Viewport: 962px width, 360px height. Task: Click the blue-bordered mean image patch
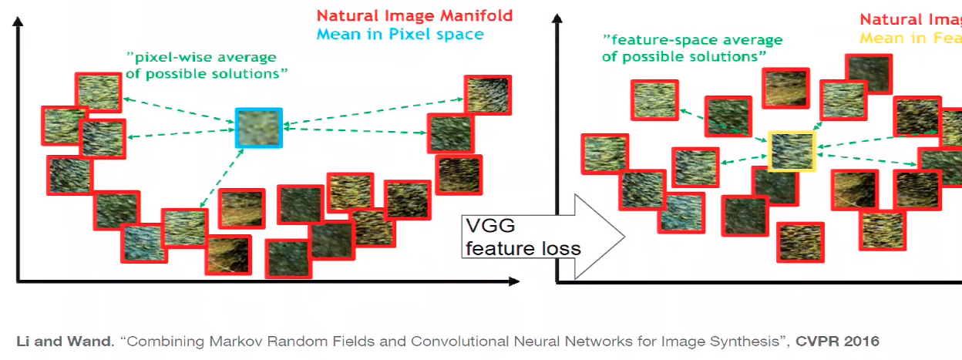tap(259, 128)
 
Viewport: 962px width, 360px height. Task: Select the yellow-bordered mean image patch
tap(792, 151)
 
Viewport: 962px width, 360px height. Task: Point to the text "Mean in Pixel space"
tap(400, 34)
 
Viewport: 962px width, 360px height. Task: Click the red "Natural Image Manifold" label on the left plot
tap(415, 15)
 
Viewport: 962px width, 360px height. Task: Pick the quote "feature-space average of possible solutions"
tap(692, 48)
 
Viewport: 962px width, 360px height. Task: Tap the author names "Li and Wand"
tap(64, 341)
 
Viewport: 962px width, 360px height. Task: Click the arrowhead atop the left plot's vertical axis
tap(17, 21)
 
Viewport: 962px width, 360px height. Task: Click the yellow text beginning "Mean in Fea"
tap(910, 38)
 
